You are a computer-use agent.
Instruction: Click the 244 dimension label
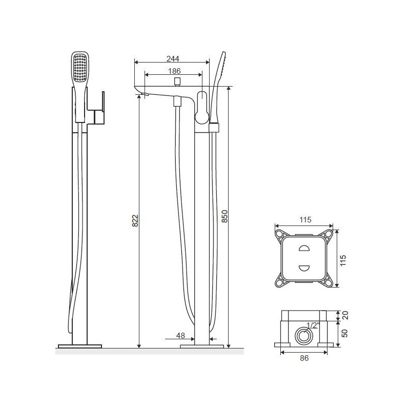(173, 58)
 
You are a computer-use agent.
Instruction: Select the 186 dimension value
(174, 71)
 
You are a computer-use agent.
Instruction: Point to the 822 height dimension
(135, 220)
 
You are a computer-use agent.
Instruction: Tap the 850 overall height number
(224, 216)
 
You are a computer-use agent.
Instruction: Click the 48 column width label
(180, 335)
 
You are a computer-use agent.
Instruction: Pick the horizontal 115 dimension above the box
(305, 220)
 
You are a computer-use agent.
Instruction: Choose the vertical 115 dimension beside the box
(343, 260)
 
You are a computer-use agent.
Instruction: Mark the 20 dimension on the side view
(345, 315)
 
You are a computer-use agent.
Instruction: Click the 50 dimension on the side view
(344, 333)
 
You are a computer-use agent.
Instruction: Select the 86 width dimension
(304, 358)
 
